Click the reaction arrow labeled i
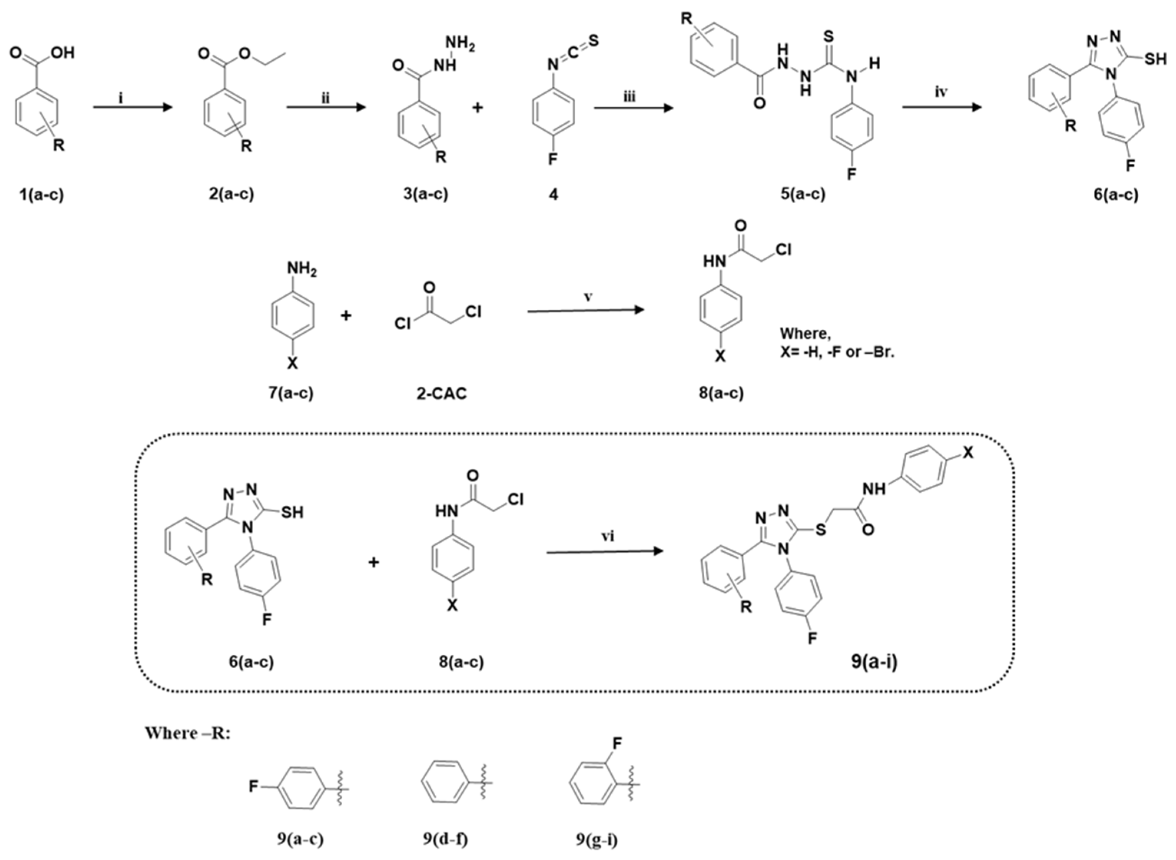coord(132,107)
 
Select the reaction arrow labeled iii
coord(633,108)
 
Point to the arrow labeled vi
coord(605,551)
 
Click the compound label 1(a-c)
coord(41,195)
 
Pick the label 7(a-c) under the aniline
coord(291,393)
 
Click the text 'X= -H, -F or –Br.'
coord(837,352)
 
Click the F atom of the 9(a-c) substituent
coord(254,786)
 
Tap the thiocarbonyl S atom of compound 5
coord(829,37)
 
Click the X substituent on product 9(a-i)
coord(967,453)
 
